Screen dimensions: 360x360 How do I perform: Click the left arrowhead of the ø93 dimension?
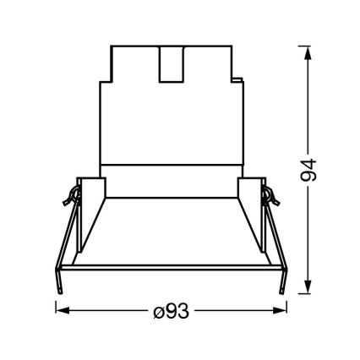(x=60, y=310)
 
